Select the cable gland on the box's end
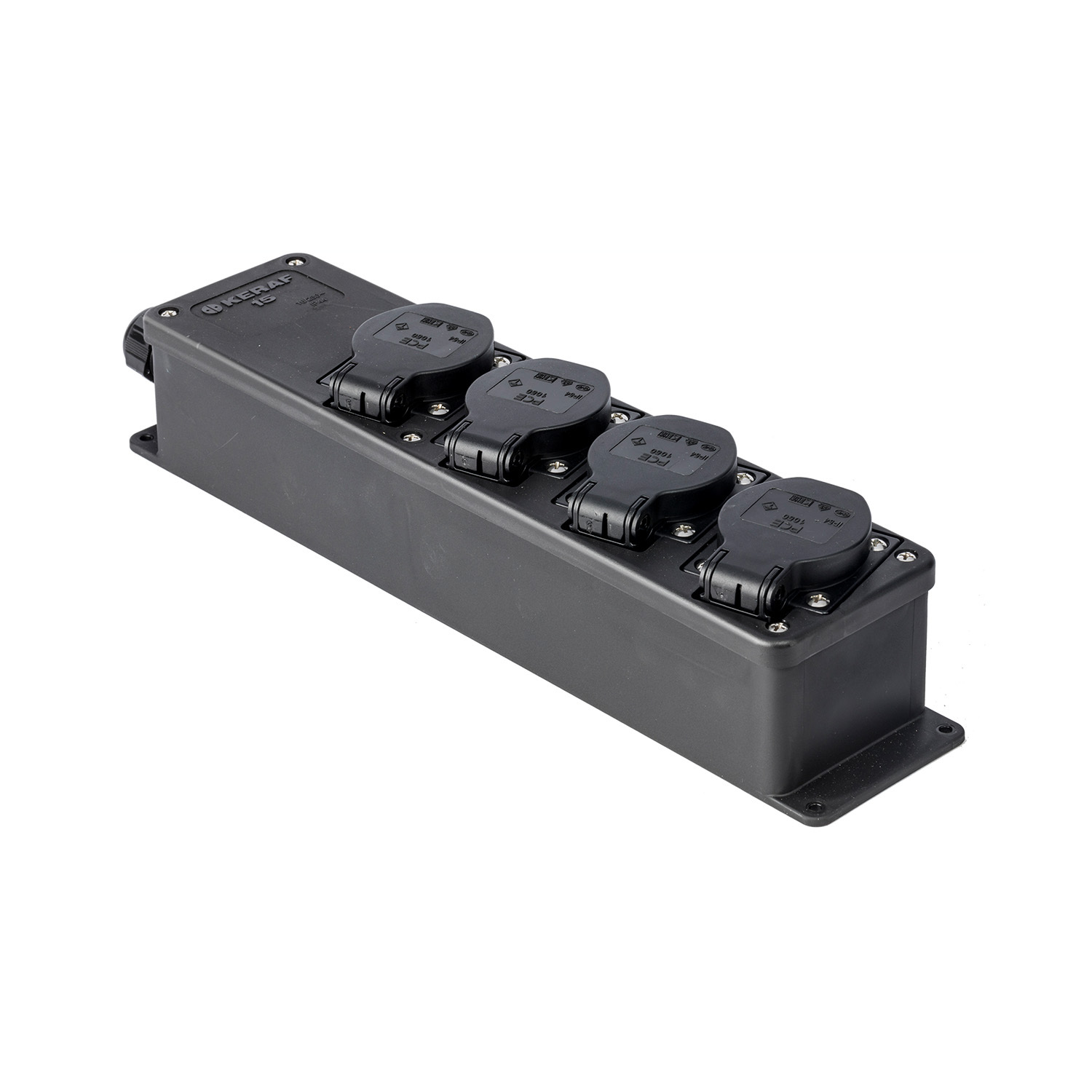point(137,347)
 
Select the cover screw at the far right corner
point(906,557)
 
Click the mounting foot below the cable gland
point(143,440)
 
